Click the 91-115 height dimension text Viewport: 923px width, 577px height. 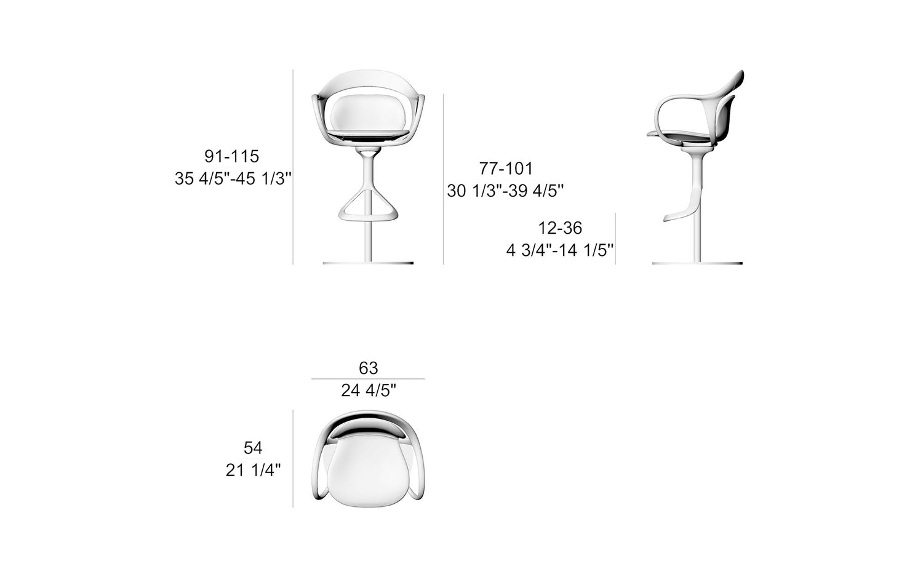click(x=231, y=156)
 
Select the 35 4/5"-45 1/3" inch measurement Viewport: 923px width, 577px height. click(x=233, y=178)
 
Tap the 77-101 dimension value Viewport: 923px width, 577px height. click(x=506, y=168)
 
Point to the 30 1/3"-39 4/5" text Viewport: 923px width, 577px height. click(x=505, y=190)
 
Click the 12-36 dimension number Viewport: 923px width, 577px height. click(x=561, y=228)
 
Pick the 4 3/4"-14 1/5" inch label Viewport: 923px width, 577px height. click(x=560, y=250)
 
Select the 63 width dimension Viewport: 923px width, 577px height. click(x=369, y=368)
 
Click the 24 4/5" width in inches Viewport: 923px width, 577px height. click(x=369, y=390)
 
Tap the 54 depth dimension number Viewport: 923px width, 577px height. click(x=253, y=448)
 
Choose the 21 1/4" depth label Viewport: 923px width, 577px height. click(x=253, y=470)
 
